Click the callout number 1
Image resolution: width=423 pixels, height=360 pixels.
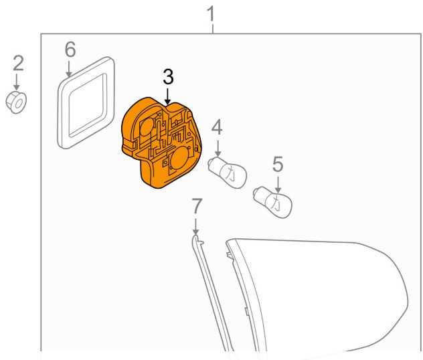(211, 14)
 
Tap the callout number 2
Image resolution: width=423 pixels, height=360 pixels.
(18, 64)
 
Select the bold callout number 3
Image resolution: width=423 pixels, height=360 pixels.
(169, 77)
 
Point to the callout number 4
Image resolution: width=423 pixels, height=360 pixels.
(217, 128)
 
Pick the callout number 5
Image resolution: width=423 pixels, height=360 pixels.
(278, 164)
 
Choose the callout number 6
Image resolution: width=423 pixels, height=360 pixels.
(70, 50)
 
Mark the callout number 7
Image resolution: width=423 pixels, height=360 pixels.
(196, 206)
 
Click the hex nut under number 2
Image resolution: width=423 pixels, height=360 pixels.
(16, 102)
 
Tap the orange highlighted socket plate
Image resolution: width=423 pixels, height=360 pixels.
(162, 143)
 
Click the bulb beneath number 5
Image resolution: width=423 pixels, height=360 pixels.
(272, 201)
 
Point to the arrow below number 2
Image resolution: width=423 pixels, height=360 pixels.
(17, 82)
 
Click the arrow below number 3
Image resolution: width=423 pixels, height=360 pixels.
(168, 96)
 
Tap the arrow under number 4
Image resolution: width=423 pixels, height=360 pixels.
(218, 147)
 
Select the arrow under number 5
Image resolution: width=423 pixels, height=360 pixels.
(278, 184)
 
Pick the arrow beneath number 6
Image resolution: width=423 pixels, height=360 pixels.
(69, 69)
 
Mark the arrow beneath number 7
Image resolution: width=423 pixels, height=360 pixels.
(195, 226)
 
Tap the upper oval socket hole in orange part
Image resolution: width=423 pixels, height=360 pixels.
(147, 127)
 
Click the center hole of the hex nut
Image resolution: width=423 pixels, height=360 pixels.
(18, 104)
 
